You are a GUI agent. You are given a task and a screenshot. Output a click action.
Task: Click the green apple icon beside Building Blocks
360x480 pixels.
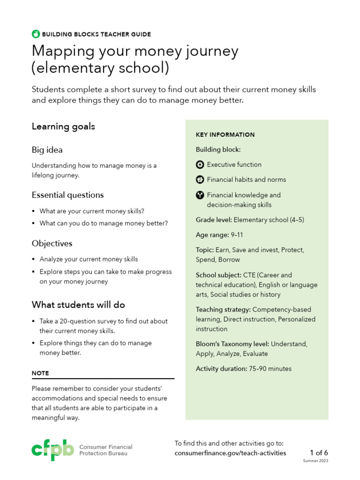[x=36, y=34]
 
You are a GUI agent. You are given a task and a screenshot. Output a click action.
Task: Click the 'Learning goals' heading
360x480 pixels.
[x=63, y=127]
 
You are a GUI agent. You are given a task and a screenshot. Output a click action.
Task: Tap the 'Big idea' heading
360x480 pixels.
[x=47, y=150]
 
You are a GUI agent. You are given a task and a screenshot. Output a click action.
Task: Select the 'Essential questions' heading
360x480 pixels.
[x=67, y=195]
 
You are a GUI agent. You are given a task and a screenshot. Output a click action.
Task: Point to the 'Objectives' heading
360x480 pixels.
[x=52, y=244]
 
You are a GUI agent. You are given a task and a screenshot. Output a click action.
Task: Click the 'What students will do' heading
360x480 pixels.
[x=78, y=305]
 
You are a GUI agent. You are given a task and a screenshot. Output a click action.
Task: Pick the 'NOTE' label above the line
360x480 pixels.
[x=40, y=373]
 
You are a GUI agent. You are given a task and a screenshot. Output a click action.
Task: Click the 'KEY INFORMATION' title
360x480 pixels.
[x=225, y=135]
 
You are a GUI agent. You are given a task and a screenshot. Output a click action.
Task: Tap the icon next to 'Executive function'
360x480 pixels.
[x=200, y=165]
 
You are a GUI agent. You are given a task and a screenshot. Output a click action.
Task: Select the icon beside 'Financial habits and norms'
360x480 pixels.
[x=200, y=180]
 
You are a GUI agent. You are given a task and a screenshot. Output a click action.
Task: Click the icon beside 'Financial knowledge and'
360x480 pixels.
[x=200, y=195]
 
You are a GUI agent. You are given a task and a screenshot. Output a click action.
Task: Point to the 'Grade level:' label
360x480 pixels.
[x=214, y=220]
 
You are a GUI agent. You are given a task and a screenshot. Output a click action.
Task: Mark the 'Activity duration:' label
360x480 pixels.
[x=221, y=369]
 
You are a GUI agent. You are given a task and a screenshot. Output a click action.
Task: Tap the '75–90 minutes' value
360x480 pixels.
[x=270, y=369]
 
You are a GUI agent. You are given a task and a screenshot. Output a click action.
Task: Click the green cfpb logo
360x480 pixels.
[x=52, y=450]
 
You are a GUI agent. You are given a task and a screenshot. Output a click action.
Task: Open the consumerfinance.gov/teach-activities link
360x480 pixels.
[x=230, y=453]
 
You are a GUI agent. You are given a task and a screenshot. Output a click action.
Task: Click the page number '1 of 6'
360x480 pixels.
[x=319, y=453]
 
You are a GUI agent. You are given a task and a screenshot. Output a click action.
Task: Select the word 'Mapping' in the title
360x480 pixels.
[x=61, y=51]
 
